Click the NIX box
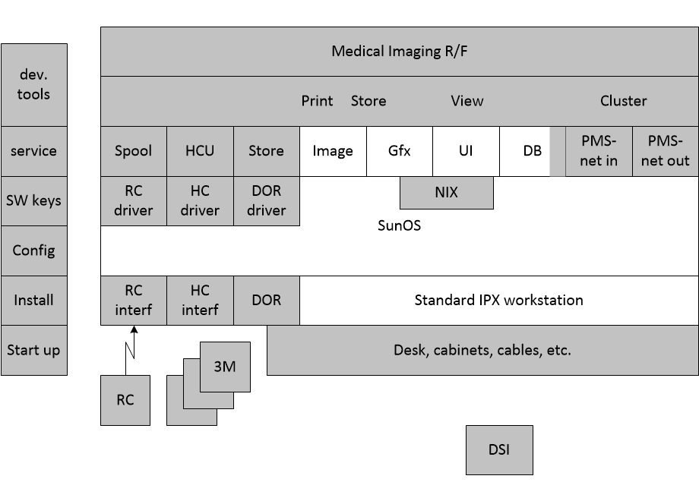(x=447, y=192)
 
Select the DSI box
(x=499, y=450)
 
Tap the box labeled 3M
(x=225, y=367)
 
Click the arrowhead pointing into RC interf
(x=134, y=329)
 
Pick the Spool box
(x=134, y=151)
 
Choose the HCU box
(x=200, y=151)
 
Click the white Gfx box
(x=400, y=151)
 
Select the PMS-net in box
(x=599, y=151)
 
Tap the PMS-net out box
(x=666, y=151)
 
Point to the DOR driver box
(x=267, y=201)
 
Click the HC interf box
(x=200, y=301)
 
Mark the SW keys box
(x=34, y=201)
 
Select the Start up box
(x=34, y=350)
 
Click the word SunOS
(x=400, y=225)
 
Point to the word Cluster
(x=623, y=101)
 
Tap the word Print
(x=317, y=101)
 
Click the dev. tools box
(x=34, y=84)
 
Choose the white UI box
(x=466, y=151)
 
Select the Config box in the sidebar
(x=34, y=250)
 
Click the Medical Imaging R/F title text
(x=400, y=52)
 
